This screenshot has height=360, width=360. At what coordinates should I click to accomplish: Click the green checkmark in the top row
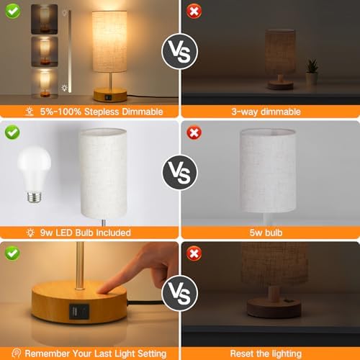pos(12,12)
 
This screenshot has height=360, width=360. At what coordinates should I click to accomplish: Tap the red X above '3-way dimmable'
pos(193,12)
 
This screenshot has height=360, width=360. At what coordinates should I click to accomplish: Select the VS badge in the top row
pos(179,52)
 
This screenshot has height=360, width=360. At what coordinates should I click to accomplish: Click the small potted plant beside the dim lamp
pos(312,73)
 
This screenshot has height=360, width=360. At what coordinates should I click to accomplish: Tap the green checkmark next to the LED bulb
pos(12,133)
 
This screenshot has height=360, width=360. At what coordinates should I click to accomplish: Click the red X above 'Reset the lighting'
pos(193,254)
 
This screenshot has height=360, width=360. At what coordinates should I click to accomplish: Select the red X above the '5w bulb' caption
pos(193,133)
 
